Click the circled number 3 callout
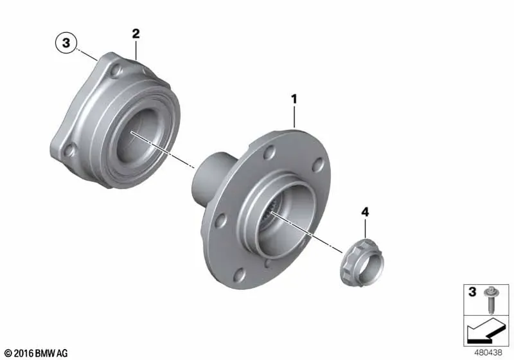pos(66,42)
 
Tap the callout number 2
pos(136,33)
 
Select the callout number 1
pos(294,99)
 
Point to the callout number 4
pos(365,212)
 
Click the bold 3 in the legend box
pos(472,291)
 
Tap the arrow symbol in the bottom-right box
pos(486,330)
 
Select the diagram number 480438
pos(488,352)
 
